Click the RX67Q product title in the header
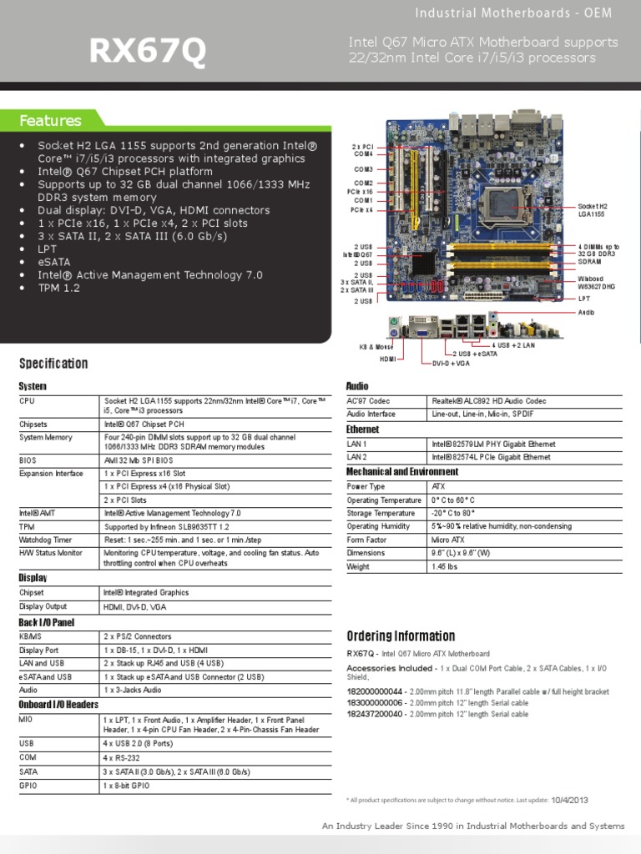pyautogui.click(x=147, y=53)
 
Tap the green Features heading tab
pyautogui.click(x=51, y=121)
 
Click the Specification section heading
pyautogui.click(x=53, y=364)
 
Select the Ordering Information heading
pyautogui.click(x=401, y=636)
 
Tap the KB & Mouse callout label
pyautogui.click(x=376, y=346)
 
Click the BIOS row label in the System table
pyautogui.click(x=28, y=460)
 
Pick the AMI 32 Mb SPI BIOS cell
pyautogui.click(x=139, y=460)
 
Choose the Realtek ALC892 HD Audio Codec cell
pyautogui.click(x=489, y=401)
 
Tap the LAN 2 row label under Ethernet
pyautogui.click(x=357, y=457)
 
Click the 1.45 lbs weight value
pyautogui.click(x=446, y=566)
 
